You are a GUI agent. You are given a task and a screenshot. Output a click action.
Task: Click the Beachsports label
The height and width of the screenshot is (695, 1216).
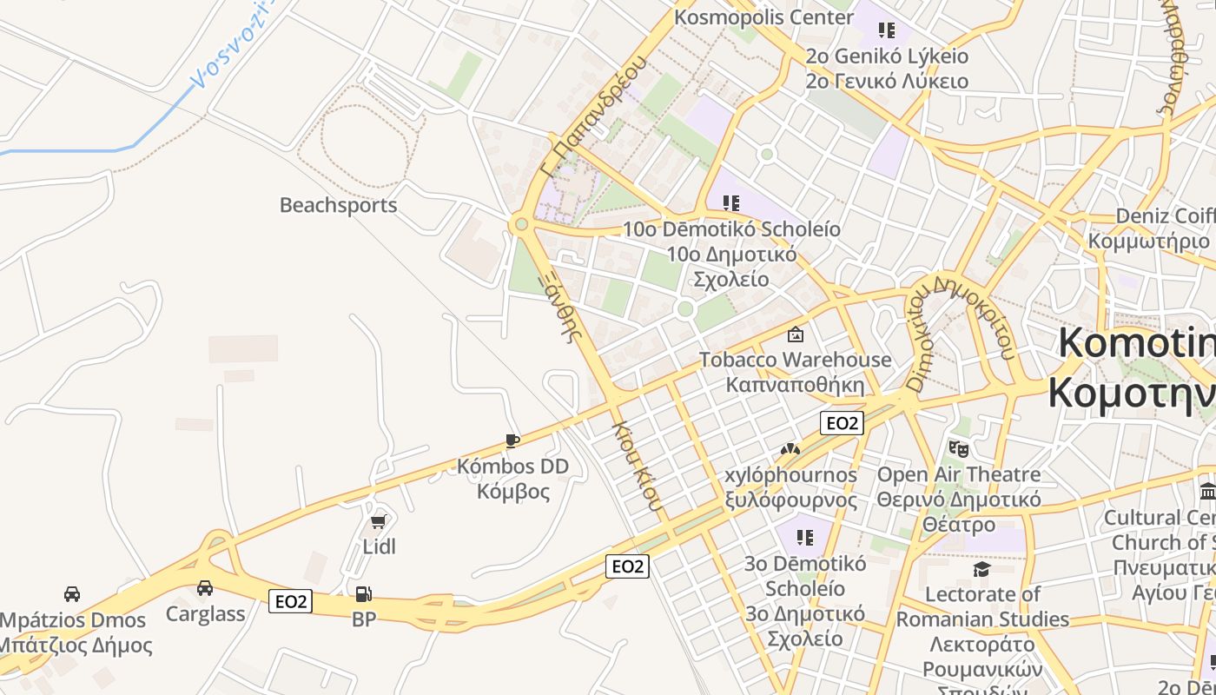[338, 206]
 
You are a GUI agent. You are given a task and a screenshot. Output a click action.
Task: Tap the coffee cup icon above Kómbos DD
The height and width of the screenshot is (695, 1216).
[512, 441]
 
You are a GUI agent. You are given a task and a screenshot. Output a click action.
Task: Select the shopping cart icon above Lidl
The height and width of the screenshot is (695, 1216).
[378, 521]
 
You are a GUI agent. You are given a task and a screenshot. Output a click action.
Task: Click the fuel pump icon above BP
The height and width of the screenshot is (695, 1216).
[364, 594]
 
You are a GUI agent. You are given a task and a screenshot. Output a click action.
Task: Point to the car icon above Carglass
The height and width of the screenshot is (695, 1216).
[205, 588]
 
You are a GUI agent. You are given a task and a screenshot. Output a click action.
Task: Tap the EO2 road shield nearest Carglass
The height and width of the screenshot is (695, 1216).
[290, 601]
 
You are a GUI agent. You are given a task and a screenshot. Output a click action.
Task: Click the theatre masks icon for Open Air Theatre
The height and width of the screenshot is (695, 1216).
[959, 449]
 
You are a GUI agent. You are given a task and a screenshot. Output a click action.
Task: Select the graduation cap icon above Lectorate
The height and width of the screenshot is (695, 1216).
[981, 569]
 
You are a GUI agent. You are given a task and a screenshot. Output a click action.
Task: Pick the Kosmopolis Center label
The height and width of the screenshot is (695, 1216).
[764, 17]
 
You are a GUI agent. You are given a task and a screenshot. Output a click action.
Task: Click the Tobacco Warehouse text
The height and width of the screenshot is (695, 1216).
[796, 360]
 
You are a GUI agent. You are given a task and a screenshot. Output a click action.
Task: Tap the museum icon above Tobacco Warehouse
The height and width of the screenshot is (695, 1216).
[795, 334]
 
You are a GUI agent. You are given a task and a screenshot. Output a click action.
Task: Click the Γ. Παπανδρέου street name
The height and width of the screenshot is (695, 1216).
[596, 117]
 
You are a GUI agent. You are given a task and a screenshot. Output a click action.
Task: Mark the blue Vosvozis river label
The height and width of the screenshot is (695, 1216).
[230, 48]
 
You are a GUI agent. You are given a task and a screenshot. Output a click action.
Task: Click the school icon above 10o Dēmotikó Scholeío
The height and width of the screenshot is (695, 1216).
[731, 203]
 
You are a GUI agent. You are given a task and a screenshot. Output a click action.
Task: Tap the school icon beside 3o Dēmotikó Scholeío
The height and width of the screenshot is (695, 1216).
[805, 538]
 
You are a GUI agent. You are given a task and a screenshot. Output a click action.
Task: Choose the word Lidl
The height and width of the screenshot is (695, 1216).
[379, 546]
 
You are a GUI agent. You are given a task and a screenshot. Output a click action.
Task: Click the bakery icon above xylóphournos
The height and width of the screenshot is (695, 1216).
[790, 450]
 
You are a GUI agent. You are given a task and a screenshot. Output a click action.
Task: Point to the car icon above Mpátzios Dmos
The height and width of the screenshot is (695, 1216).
[72, 594]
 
